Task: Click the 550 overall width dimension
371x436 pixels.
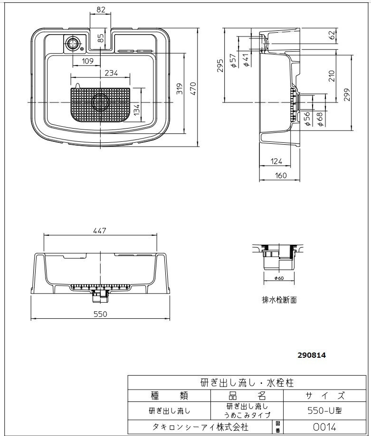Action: click(100, 314)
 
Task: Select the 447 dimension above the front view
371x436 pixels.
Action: click(100, 231)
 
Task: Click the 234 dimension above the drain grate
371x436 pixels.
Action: click(111, 73)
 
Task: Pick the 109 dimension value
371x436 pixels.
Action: click(87, 61)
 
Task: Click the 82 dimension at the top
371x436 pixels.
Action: click(100, 9)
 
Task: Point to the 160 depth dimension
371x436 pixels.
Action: click(281, 176)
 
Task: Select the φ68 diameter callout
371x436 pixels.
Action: click(321, 118)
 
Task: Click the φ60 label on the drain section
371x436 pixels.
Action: click(278, 278)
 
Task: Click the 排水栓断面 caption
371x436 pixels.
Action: click(279, 300)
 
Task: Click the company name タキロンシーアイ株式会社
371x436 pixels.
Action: click(200, 427)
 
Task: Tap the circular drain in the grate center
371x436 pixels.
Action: click(100, 102)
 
